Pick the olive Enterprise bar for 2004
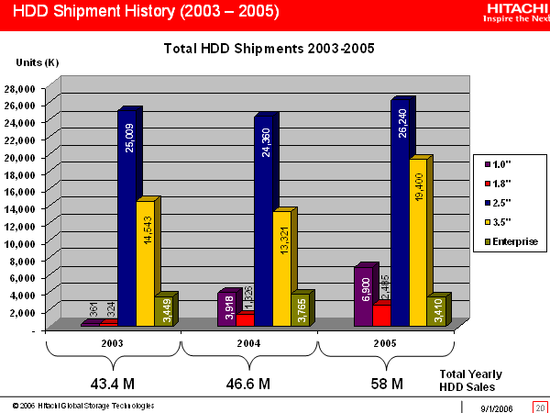(300, 310)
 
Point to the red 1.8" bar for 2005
(381, 315)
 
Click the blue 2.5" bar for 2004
(264, 220)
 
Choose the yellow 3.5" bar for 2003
(146, 262)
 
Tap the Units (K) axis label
(38, 61)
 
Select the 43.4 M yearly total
(112, 382)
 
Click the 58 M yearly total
(385, 382)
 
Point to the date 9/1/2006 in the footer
(495, 406)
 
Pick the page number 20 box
(539, 406)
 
